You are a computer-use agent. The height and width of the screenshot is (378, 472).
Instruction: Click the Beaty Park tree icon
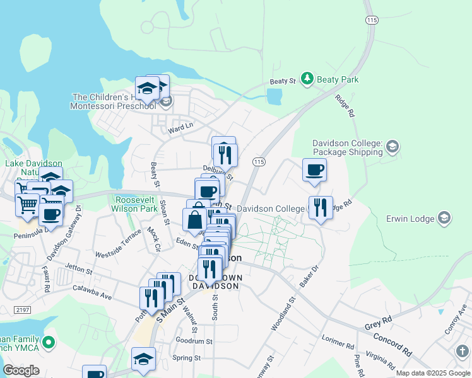tap(307, 79)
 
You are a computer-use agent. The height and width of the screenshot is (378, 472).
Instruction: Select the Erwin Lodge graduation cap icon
tap(444, 219)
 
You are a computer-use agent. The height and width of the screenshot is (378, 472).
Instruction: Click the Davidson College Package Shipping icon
tap(392, 147)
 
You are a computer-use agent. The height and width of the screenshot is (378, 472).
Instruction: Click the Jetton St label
tap(78, 272)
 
